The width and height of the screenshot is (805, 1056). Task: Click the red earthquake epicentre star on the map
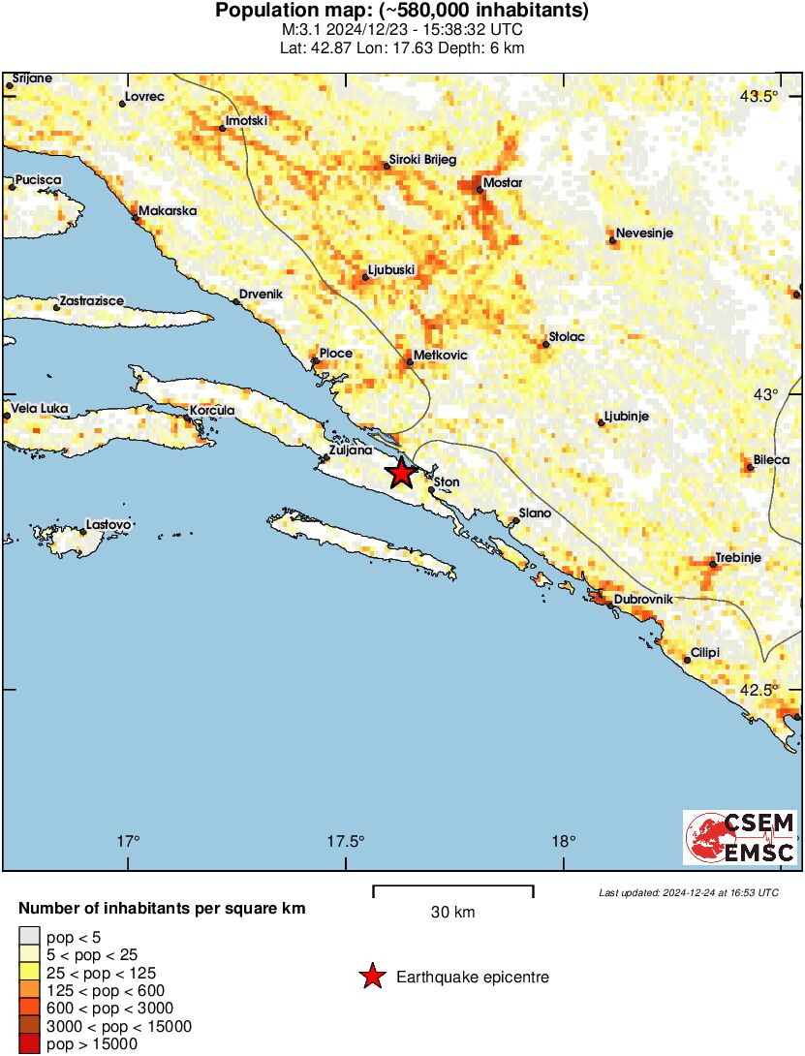pyautogui.click(x=401, y=473)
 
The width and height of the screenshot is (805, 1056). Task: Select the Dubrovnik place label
pyautogui.click(x=642, y=600)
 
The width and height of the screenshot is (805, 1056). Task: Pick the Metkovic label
pyautogui.click(x=440, y=356)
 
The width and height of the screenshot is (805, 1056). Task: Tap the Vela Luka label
pyautogui.click(x=41, y=409)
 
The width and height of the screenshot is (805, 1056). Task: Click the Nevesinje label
pyautogui.click(x=645, y=233)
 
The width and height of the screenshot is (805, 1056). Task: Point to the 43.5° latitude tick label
pyautogui.click(x=759, y=96)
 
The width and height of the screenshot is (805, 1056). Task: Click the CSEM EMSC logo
pyautogui.click(x=740, y=837)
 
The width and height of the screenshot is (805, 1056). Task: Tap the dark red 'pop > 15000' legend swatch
pyautogui.click(x=30, y=1043)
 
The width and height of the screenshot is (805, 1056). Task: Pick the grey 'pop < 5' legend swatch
pyautogui.click(x=30, y=937)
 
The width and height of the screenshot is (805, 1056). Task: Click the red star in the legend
pyautogui.click(x=372, y=978)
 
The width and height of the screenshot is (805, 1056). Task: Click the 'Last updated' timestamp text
pyautogui.click(x=688, y=892)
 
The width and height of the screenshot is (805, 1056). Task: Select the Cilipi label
pyautogui.click(x=704, y=652)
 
